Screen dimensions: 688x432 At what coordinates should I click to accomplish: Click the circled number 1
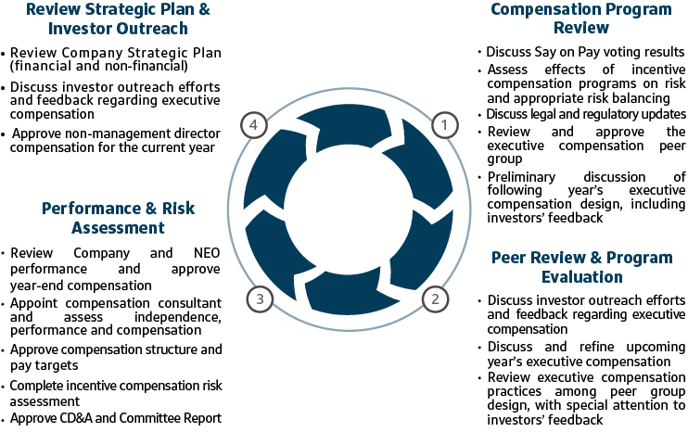pyautogui.click(x=445, y=125)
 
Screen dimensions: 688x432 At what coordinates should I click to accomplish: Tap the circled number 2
pyautogui.click(x=435, y=299)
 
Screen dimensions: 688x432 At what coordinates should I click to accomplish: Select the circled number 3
pyautogui.click(x=260, y=299)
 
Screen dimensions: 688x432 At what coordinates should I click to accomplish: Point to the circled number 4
pyautogui.click(x=254, y=125)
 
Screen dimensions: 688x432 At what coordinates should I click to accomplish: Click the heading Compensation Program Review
pyautogui.click(x=581, y=18)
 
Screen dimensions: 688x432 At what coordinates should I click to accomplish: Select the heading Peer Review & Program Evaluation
pyautogui.click(x=581, y=267)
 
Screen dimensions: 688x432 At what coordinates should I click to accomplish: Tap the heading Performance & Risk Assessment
pyautogui.click(x=118, y=218)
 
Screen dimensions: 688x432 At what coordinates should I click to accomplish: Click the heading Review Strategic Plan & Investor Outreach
pyautogui.click(x=118, y=19)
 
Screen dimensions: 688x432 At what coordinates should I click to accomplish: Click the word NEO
pyautogui.click(x=207, y=253)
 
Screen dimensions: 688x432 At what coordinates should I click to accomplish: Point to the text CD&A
pyautogui.click(x=76, y=418)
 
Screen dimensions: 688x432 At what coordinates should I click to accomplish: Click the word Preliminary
pyautogui.click(x=521, y=177)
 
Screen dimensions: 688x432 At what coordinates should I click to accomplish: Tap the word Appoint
pyautogui.click(x=33, y=303)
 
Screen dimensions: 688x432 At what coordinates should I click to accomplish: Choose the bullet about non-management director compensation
pyautogui.click(x=115, y=140)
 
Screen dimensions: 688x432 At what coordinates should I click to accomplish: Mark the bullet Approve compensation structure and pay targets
pyautogui.click(x=116, y=358)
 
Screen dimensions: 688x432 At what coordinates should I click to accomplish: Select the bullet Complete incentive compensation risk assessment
pyautogui.click(x=116, y=393)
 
